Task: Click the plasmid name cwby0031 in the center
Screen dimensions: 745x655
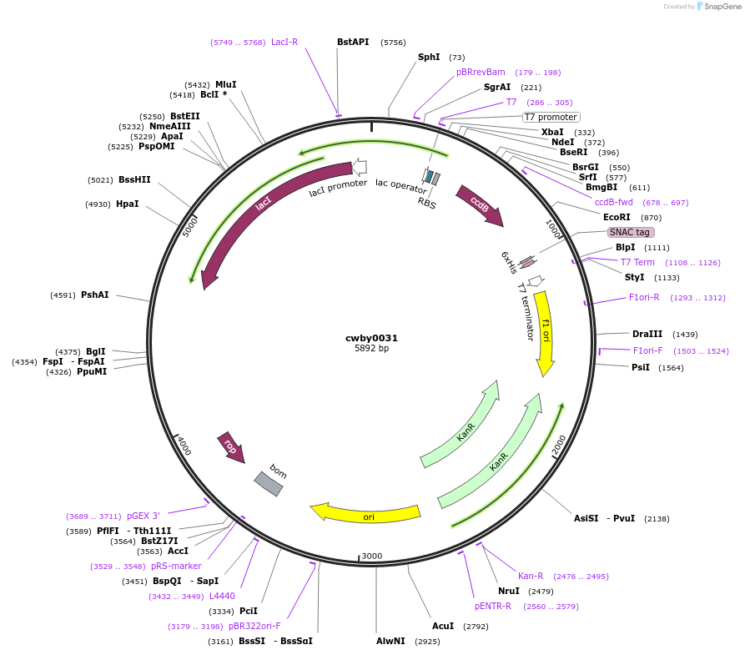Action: [x=371, y=338]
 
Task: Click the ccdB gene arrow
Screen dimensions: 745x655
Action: [x=479, y=204]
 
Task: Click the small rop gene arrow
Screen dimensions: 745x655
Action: [x=229, y=446]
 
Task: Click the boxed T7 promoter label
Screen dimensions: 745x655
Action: [x=551, y=117]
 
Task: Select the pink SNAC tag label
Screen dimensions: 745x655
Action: [x=631, y=232]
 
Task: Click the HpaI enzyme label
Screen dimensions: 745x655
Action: [x=128, y=204]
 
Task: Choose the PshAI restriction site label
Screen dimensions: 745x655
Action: [x=94, y=295]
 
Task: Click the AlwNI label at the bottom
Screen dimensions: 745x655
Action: [x=390, y=641]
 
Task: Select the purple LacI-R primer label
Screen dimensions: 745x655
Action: [x=284, y=42]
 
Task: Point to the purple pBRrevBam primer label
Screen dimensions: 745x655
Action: [x=481, y=72]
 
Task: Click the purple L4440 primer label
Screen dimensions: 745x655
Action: [x=222, y=596]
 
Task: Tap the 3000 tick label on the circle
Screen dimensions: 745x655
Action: [x=371, y=556]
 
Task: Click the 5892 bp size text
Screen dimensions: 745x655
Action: [x=371, y=349]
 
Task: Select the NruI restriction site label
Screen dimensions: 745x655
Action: [x=509, y=591]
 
